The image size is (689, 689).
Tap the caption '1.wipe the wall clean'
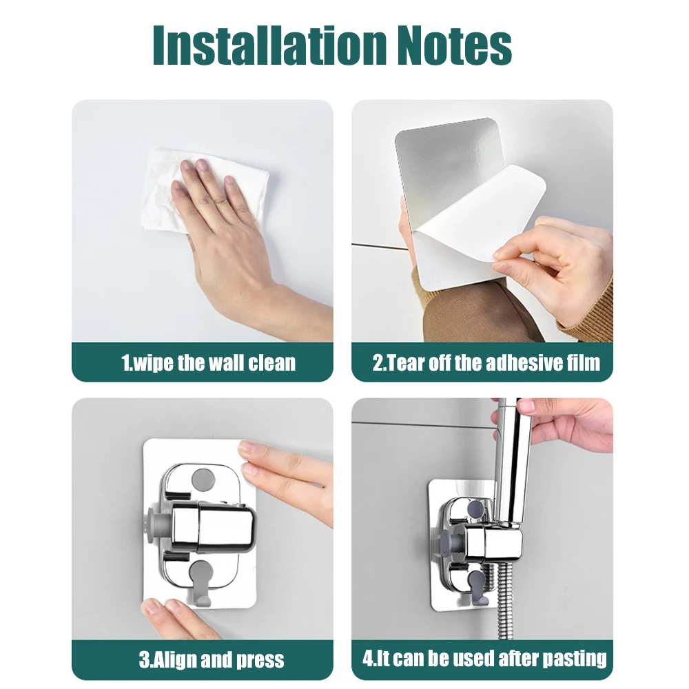pyautogui.click(x=208, y=362)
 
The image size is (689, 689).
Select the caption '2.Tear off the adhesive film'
pyautogui.click(x=486, y=362)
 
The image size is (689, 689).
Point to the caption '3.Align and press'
pyautogui.click(x=211, y=659)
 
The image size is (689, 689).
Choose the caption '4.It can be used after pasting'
pyautogui.click(x=484, y=658)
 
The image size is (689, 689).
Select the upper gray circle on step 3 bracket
pyautogui.click(x=205, y=477)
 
